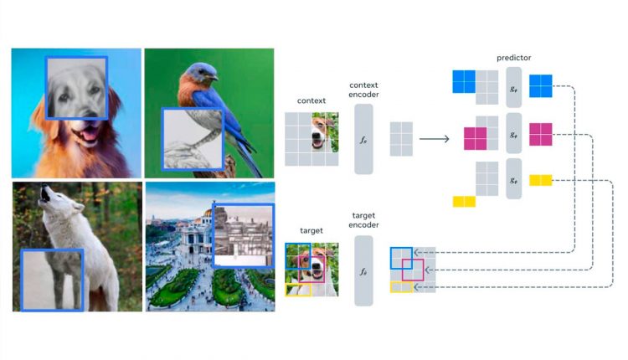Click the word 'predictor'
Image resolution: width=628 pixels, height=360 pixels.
(513, 58)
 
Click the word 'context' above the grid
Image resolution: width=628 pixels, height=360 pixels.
(311, 101)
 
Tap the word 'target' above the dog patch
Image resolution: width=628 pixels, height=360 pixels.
(311, 230)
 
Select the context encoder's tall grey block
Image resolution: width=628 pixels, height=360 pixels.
(363, 139)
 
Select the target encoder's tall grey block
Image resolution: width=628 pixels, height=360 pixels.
(363, 270)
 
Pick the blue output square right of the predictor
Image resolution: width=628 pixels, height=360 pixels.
(540, 85)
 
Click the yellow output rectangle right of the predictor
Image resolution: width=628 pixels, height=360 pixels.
(540, 180)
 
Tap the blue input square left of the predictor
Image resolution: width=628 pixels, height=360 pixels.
(463, 81)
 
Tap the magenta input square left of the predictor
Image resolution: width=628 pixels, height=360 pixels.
(475, 137)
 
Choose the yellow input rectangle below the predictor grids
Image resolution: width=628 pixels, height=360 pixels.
(464, 201)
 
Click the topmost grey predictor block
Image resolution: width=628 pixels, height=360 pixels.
(513, 86)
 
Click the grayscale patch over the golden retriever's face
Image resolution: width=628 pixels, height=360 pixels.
(75, 88)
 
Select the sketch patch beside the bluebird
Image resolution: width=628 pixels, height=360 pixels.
(192, 140)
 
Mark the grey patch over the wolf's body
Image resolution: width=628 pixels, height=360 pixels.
(52, 280)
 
